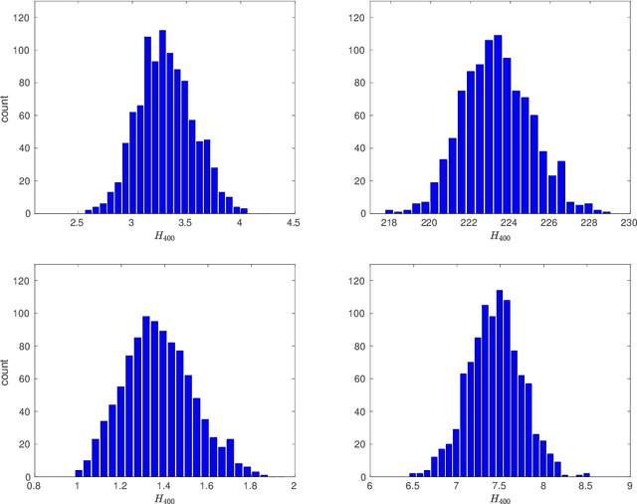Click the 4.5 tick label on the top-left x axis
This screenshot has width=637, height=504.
(293, 224)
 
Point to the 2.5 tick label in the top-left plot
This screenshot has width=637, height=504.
(77, 224)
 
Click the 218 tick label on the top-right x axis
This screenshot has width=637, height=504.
(389, 224)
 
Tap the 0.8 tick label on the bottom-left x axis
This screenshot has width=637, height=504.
(35, 488)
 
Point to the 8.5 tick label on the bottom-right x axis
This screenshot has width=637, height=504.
(586, 488)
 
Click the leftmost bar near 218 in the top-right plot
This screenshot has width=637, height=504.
(389, 211)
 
